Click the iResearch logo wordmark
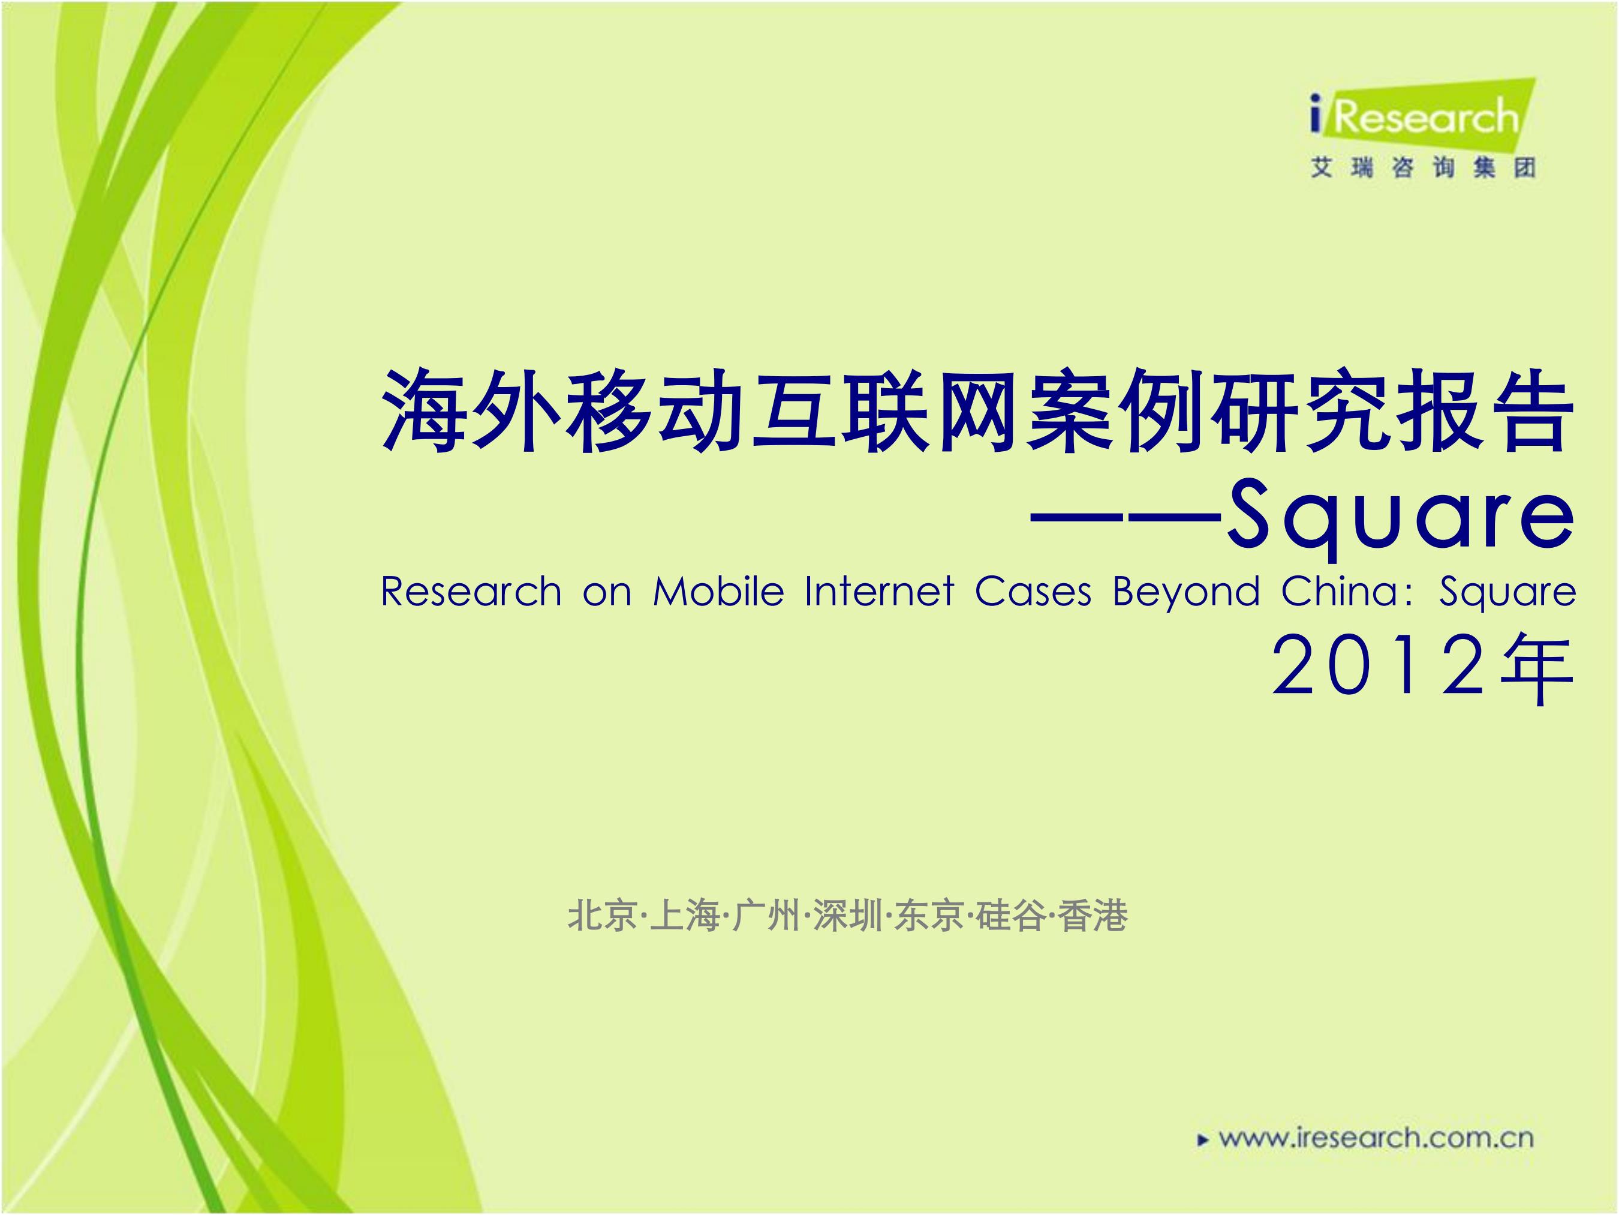coord(1415,117)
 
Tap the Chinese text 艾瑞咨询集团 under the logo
coord(1422,168)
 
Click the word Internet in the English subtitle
coord(879,591)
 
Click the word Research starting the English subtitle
coord(471,591)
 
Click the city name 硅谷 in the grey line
coord(1012,916)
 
